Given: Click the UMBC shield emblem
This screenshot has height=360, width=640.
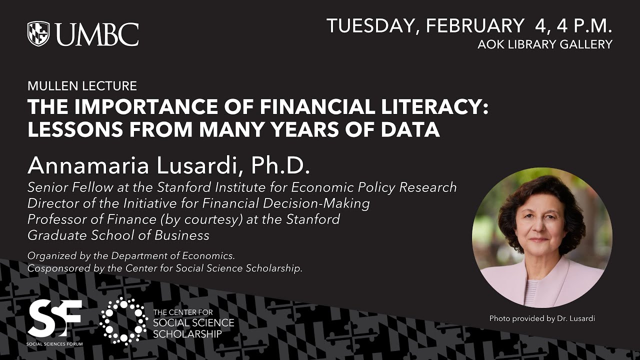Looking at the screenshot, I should click(38, 33).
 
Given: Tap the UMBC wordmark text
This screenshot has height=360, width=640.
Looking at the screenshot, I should click(97, 34).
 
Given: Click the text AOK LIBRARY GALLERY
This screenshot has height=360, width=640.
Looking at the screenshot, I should click(544, 44).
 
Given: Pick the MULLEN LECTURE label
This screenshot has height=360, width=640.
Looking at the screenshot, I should click(82, 86).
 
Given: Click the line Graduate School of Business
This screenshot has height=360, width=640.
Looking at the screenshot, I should click(118, 235).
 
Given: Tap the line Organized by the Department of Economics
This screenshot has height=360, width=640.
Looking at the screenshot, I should click(131, 256).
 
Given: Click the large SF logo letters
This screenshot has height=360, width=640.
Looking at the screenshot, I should click(54, 318).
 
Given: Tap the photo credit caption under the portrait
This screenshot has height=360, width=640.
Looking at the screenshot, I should click(542, 318).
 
